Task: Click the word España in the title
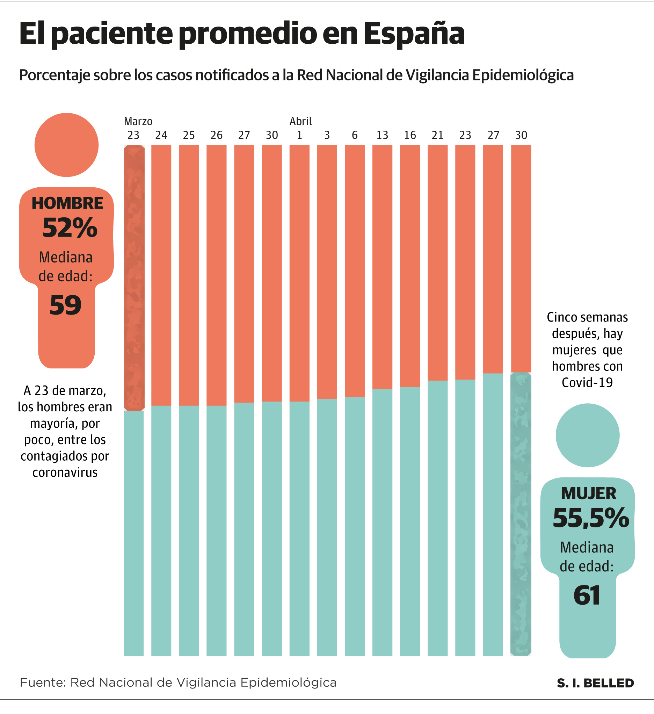[414, 34]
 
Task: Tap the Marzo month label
[138, 122]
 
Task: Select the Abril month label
[300, 122]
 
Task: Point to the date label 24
[161, 135]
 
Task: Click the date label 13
[382, 135]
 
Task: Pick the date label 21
[437, 135]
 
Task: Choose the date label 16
[410, 135]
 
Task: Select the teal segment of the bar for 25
[189, 531]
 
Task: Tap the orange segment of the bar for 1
[299, 273]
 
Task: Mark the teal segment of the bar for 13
[382, 524]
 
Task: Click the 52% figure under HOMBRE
[70, 228]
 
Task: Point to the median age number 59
[66, 305]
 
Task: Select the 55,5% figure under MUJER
[591, 518]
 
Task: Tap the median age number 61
[587, 596]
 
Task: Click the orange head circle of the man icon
[66, 145]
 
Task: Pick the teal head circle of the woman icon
[587, 435]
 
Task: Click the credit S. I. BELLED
[595, 683]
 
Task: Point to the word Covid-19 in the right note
[587, 382]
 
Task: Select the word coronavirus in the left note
[65, 473]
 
